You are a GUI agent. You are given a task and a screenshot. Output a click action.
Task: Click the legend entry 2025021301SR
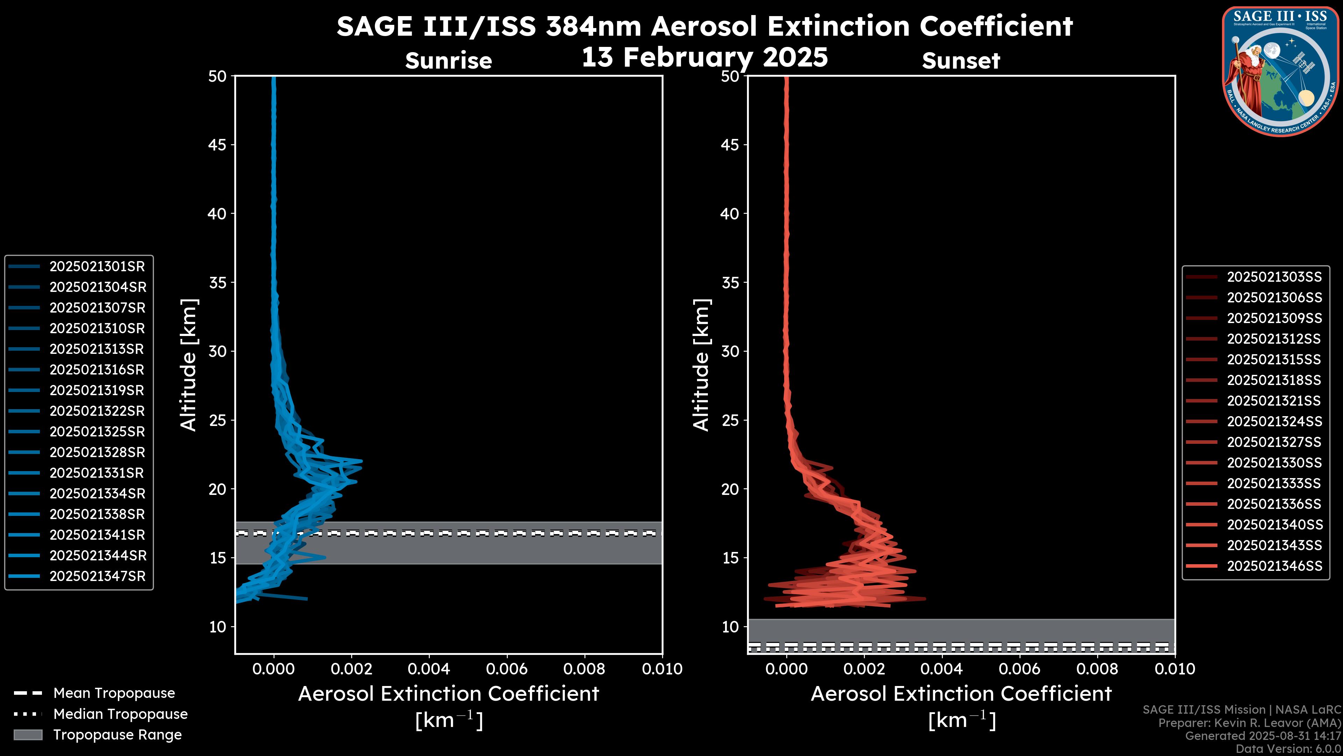click(x=97, y=267)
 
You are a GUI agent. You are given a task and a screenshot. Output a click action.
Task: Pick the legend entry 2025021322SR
click(x=97, y=411)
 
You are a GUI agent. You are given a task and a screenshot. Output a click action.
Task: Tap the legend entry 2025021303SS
click(x=1274, y=277)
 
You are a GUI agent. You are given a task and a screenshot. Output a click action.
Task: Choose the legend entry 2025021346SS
click(x=1274, y=566)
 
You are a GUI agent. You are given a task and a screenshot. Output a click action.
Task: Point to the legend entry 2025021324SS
click(x=1274, y=421)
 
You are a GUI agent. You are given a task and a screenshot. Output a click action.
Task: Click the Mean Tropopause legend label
click(x=114, y=693)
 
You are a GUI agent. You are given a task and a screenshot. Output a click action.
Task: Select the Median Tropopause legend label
click(x=120, y=714)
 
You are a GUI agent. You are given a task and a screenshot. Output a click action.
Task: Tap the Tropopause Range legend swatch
click(x=28, y=735)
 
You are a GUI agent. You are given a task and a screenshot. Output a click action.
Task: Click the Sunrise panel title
click(x=448, y=61)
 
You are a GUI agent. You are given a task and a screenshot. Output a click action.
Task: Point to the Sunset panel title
click(x=961, y=61)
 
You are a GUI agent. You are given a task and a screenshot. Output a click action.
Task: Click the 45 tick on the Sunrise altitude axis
click(x=218, y=145)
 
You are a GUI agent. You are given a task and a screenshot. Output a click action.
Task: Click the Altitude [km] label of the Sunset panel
click(x=701, y=365)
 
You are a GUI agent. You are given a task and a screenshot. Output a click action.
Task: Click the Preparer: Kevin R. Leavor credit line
click(x=1249, y=723)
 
